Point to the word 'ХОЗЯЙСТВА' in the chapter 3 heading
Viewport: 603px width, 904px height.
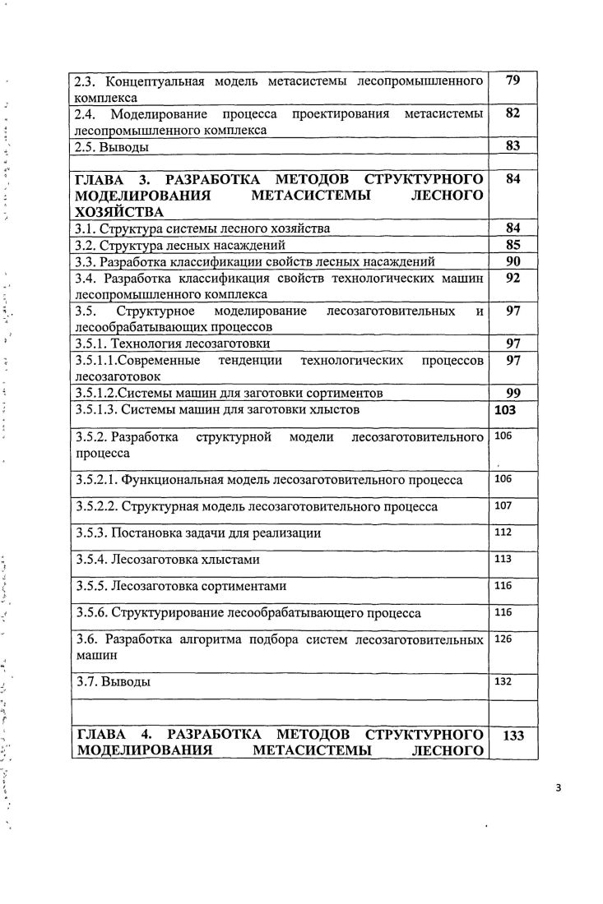(113, 212)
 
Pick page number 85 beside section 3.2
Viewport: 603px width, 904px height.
(513, 244)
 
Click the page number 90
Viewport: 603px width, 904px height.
(513, 261)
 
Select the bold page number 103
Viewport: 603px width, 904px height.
(506, 408)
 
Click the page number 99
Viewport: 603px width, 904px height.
(513, 392)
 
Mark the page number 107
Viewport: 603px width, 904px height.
(503, 505)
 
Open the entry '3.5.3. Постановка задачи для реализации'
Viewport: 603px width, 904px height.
(197, 533)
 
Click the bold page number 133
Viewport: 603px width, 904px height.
(513, 736)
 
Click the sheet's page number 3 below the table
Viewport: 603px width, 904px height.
(558, 787)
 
